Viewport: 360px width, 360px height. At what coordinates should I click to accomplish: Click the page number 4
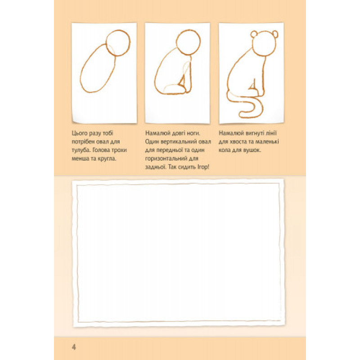(x=74, y=347)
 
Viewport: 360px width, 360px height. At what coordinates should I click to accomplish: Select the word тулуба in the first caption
(x=79, y=151)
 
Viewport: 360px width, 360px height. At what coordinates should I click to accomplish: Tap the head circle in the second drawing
(x=200, y=42)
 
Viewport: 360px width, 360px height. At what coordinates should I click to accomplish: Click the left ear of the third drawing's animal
(x=253, y=35)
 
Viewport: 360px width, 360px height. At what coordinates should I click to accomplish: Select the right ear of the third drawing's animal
(x=275, y=34)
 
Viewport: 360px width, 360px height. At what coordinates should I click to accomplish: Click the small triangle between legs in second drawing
(x=183, y=82)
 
